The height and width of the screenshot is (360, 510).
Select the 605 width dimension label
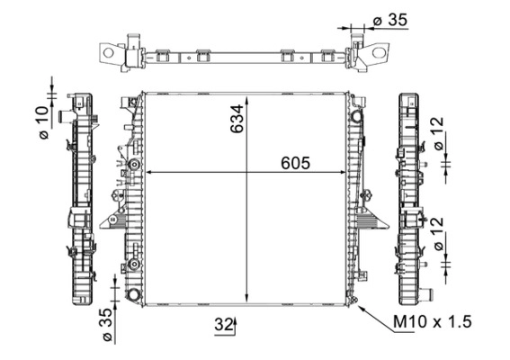(294, 163)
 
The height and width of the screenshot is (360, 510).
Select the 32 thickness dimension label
(223, 325)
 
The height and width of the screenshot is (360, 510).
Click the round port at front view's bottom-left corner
(133, 295)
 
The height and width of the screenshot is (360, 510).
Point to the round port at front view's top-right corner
(357, 115)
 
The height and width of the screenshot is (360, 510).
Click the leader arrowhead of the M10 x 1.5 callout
(361, 306)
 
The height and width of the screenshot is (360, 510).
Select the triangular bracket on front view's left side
(113, 219)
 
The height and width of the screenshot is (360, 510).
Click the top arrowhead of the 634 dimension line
(248, 96)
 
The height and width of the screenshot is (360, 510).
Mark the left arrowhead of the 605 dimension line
(149, 172)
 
